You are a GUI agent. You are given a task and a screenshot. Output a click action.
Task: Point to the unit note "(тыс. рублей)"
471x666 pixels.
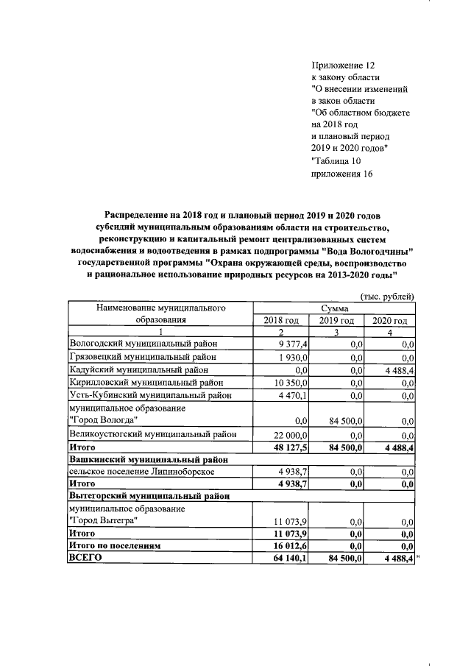[x=387, y=296]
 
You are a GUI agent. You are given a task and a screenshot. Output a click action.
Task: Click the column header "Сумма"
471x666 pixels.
[x=334, y=308]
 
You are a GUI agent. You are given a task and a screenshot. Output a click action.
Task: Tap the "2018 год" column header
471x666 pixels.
[x=281, y=320]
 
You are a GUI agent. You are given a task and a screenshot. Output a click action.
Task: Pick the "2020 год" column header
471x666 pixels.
[x=389, y=320]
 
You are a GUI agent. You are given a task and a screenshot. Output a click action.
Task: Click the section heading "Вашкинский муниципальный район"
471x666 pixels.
[x=148, y=459]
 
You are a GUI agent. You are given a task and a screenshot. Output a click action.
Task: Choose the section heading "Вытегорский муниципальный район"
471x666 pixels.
[x=148, y=497]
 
